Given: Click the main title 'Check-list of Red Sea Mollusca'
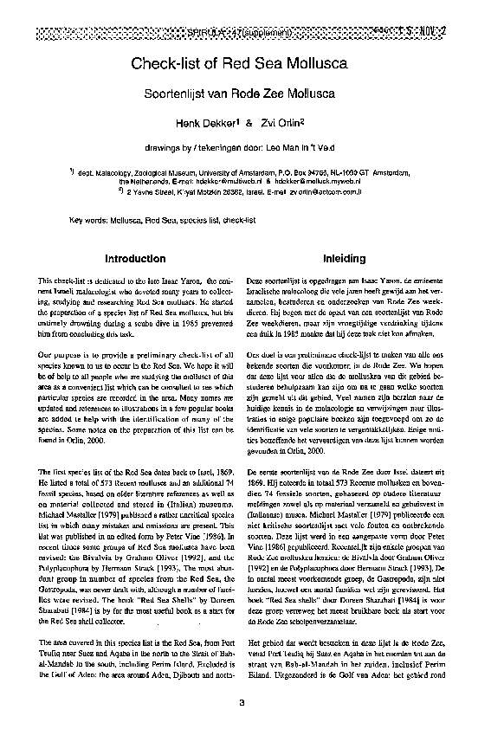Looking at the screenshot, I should click(x=239, y=63).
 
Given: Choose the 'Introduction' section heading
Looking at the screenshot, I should click(x=134, y=259).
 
